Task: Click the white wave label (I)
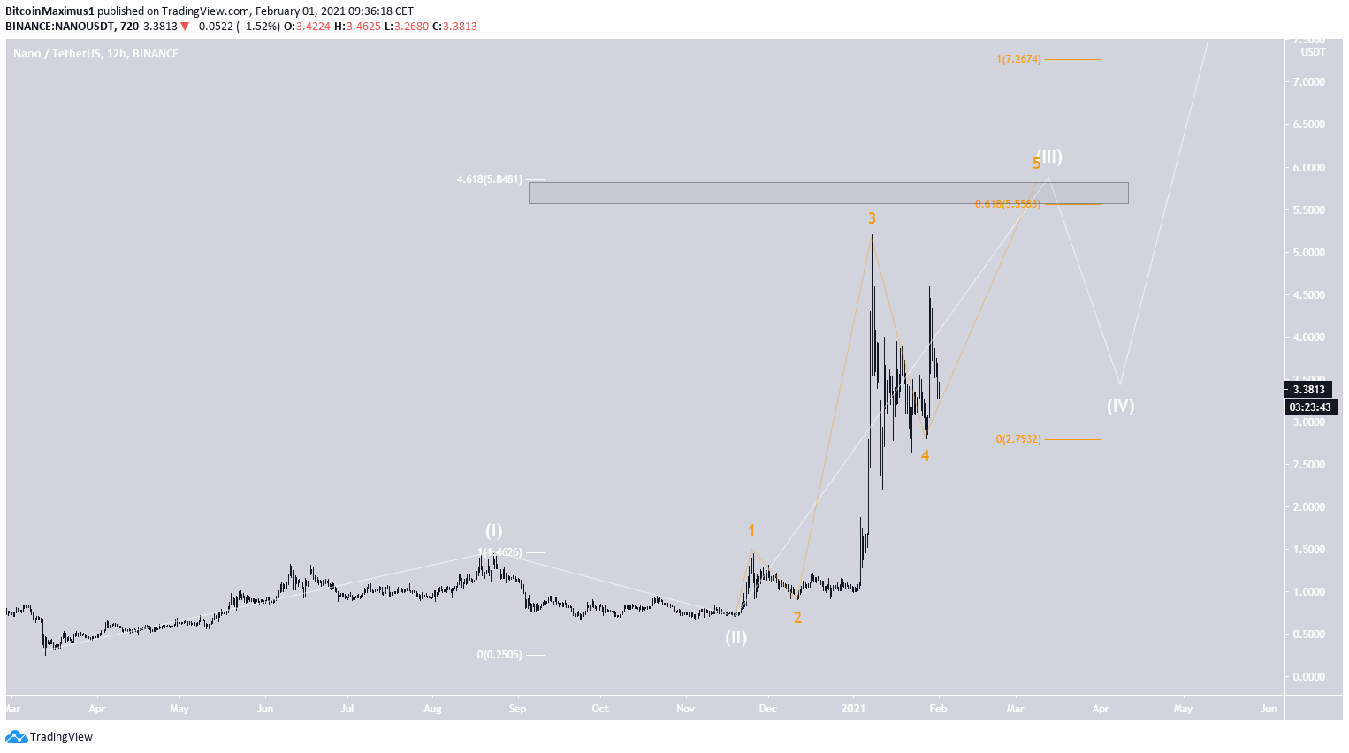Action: click(x=493, y=530)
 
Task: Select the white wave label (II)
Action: click(x=735, y=637)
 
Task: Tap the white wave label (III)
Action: click(x=1049, y=156)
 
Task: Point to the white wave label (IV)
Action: click(x=1120, y=406)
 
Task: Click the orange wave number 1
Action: click(x=751, y=530)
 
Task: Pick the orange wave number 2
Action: click(x=797, y=618)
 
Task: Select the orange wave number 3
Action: click(x=872, y=218)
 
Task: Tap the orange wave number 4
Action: click(x=925, y=456)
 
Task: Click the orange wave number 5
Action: click(x=1036, y=164)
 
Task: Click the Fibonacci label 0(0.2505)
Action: click(x=499, y=655)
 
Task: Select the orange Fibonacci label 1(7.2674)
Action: click(x=1018, y=59)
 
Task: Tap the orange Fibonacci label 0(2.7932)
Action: click(x=1018, y=439)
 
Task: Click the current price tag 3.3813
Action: click(x=1308, y=390)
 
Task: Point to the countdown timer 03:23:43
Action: click(x=1308, y=407)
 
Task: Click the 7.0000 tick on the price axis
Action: click(x=1308, y=82)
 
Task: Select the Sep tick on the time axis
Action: click(x=518, y=708)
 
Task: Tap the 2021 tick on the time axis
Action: click(x=853, y=708)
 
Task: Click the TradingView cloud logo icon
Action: click(x=16, y=737)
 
